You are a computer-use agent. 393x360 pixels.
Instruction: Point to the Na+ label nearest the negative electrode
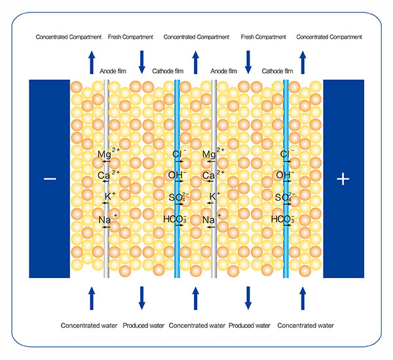[106, 220]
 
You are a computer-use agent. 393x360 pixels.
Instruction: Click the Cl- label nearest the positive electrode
[286, 155]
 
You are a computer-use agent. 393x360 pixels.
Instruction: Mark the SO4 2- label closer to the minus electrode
[176, 197]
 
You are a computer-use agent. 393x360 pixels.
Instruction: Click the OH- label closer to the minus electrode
[178, 176]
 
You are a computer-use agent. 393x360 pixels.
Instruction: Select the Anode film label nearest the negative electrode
[113, 70]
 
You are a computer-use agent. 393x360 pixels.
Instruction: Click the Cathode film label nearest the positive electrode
[277, 70]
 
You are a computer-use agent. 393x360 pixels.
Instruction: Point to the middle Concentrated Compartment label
[195, 37]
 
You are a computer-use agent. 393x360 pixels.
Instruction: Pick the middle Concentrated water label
[195, 325]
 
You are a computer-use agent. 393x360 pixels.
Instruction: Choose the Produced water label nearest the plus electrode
[249, 325]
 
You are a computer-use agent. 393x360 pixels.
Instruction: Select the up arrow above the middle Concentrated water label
[195, 298]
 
